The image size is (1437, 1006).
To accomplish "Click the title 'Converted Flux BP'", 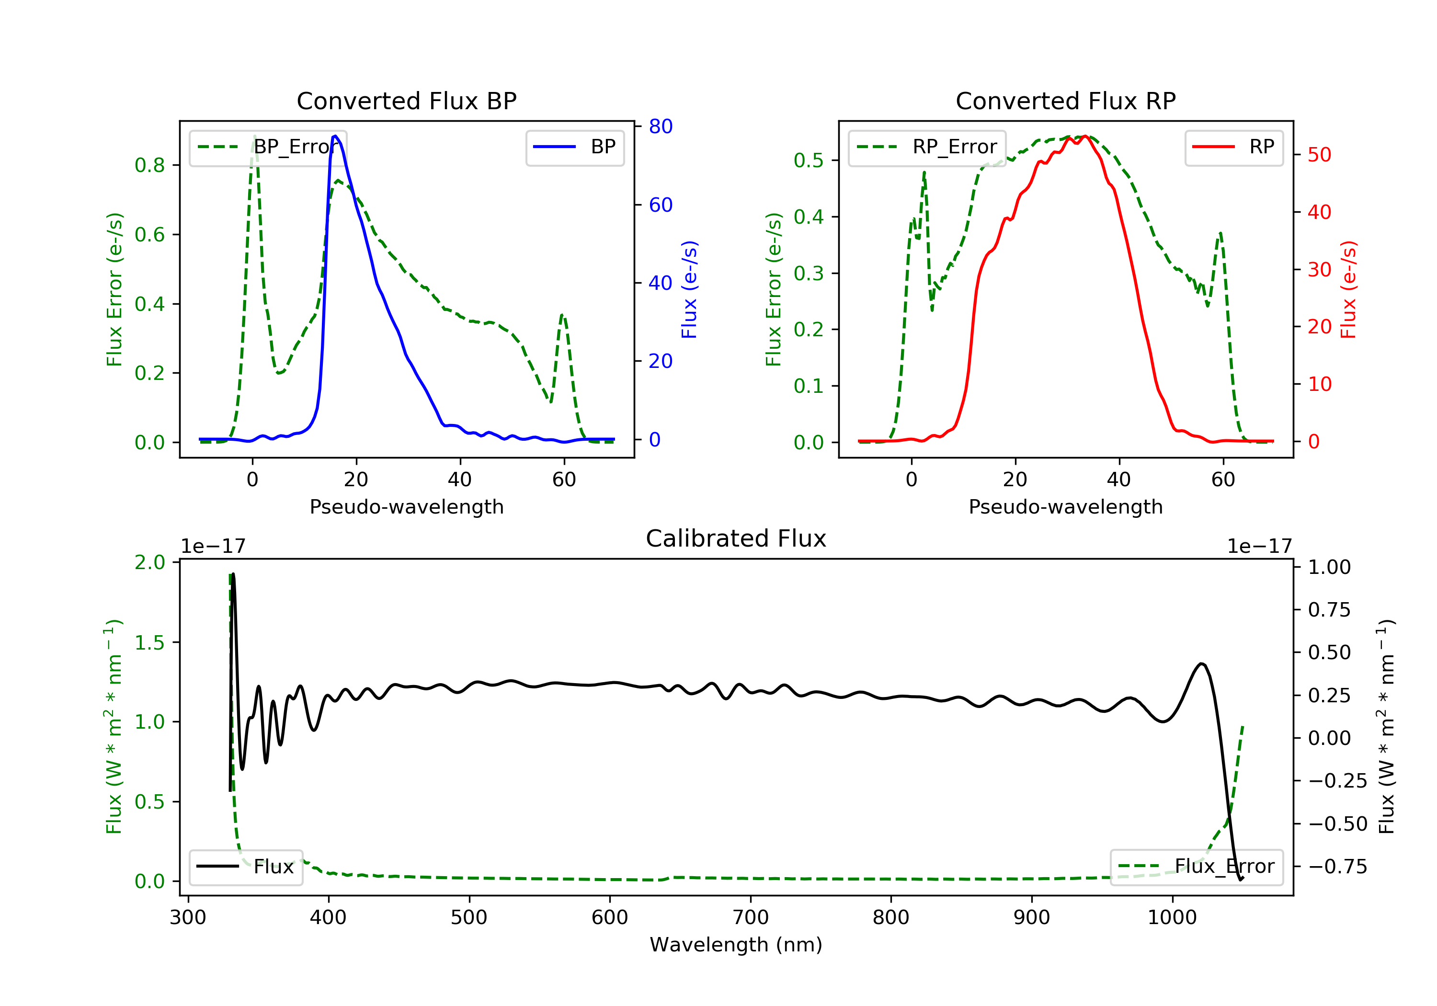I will [406, 101].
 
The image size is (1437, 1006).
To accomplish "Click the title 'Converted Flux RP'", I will [1065, 101].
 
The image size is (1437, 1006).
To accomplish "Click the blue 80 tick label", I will [660, 126].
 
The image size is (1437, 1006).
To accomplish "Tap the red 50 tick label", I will [1319, 155].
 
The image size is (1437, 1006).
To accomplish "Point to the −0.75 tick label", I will [1337, 867].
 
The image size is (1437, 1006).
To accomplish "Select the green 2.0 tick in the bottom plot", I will [150, 562].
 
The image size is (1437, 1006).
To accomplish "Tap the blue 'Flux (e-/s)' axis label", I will [689, 289].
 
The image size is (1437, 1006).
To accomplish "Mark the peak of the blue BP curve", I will [335, 136].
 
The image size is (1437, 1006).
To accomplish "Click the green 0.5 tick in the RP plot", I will [809, 161].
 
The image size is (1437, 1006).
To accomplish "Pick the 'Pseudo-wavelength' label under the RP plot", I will [1065, 506].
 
